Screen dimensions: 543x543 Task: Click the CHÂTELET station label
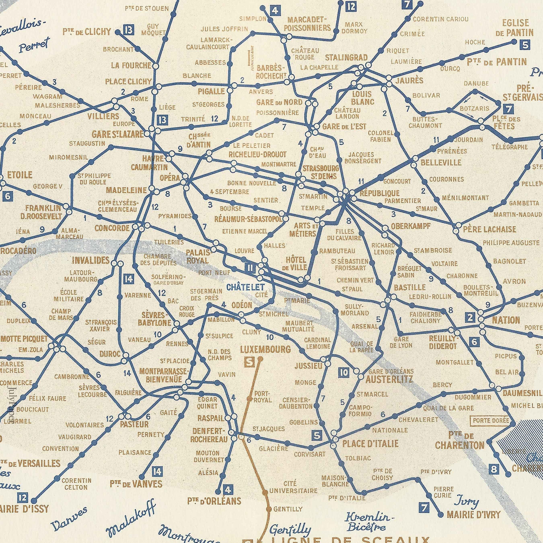click(x=245, y=287)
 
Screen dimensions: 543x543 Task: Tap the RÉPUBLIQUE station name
click(x=379, y=193)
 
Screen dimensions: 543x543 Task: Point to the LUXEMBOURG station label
click(x=265, y=349)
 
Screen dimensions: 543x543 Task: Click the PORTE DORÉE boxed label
click(x=491, y=421)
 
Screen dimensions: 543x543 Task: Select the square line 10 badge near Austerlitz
click(x=344, y=373)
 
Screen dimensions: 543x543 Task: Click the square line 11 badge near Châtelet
click(x=250, y=267)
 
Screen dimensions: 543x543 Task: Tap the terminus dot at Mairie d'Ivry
click(x=441, y=515)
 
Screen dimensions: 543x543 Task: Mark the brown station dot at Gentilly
click(x=268, y=509)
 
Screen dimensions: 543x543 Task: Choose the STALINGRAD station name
click(x=346, y=58)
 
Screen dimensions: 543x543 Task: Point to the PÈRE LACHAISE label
click(x=489, y=229)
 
